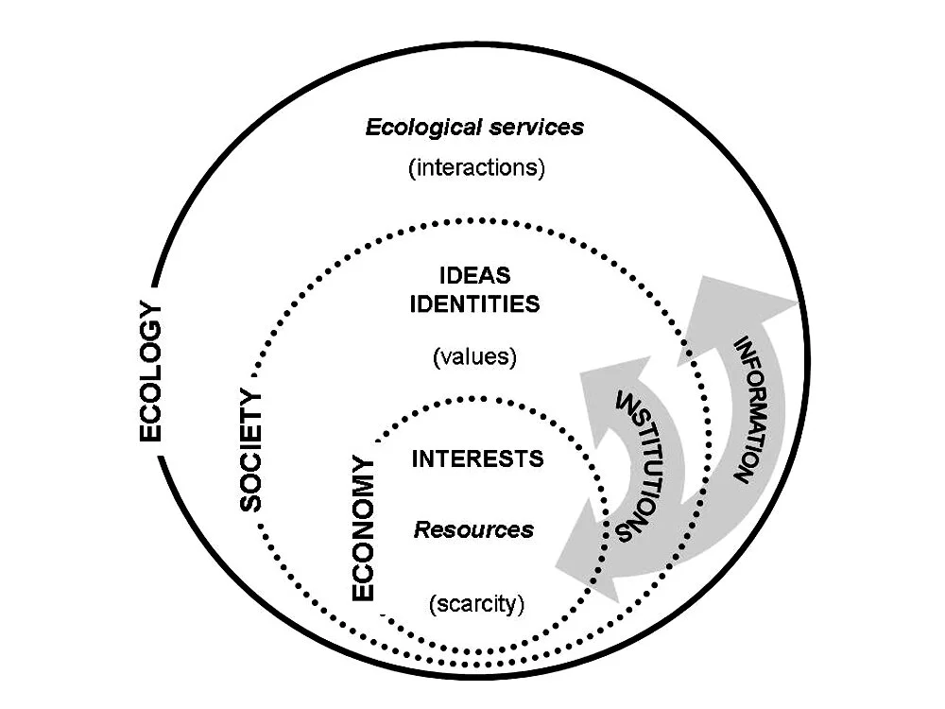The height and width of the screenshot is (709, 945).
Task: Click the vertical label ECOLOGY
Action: click(150, 372)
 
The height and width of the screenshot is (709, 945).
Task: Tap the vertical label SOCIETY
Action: click(250, 449)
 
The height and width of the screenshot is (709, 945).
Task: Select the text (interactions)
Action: click(477, 170)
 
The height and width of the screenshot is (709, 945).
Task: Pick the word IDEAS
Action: click(475, 276)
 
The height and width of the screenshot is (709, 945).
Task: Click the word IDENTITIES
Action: click(476, 304)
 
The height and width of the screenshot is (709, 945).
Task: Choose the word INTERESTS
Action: click(478, 459)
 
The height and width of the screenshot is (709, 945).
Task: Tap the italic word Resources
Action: click(473, 529)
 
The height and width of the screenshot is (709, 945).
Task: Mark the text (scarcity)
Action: click(476, 603)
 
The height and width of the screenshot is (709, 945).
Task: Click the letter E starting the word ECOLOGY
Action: click(150, 431)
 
